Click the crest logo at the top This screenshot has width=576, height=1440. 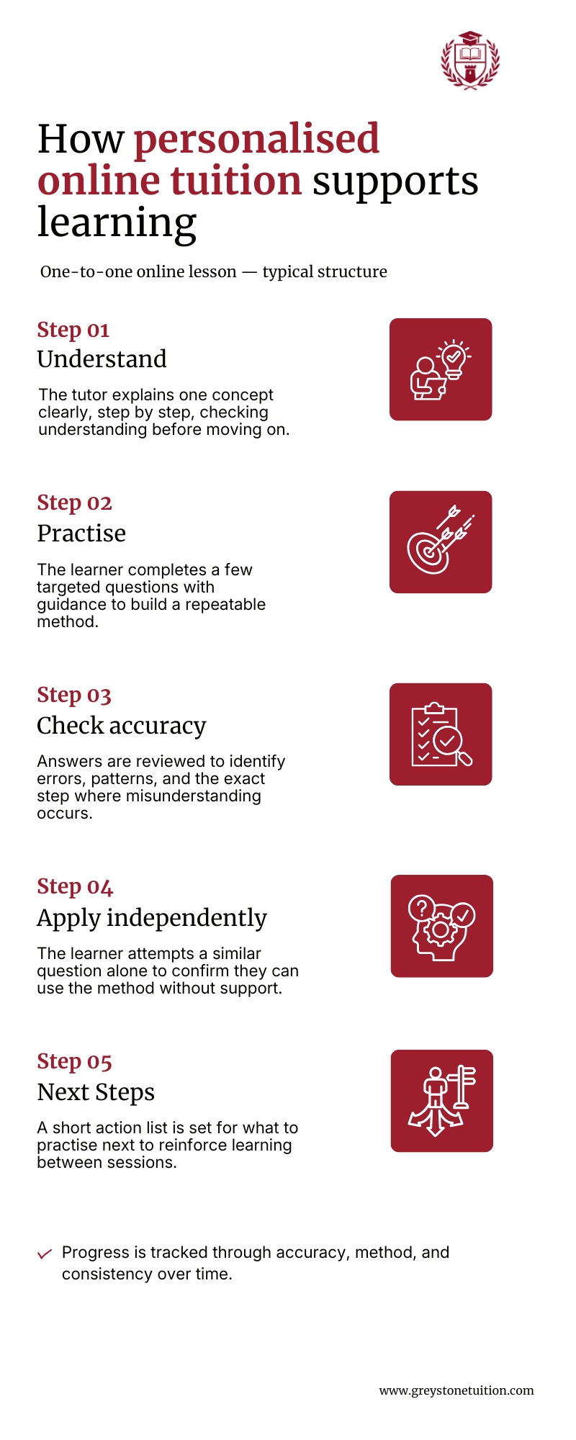coord(470,60)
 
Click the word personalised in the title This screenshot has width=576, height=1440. coord(256,139)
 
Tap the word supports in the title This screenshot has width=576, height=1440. coord(395,181)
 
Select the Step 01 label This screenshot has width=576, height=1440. coord(73,330)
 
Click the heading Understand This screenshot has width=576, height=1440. coord(102,359)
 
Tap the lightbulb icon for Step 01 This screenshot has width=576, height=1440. coord(441,369)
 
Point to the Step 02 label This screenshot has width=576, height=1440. coord(75,503)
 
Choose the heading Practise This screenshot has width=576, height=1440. coord(81,533)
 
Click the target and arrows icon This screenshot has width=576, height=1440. coord(441,542)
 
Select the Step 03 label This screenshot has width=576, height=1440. coord(74,695)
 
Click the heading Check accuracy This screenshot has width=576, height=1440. coord(122,726)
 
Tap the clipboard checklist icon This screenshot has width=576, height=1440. coord(441,734)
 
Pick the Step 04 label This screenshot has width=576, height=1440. coord(75,886)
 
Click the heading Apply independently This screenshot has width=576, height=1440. coord(152,918)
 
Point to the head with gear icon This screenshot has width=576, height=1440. coord(442,926)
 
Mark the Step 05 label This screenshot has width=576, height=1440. coord(75,1061)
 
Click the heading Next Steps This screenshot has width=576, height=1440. coord(96,1092)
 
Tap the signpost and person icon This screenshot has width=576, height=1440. coord(442,1101)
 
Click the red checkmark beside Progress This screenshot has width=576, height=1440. coord(45,1254)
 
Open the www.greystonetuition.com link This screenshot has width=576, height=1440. coord(456,1390)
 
